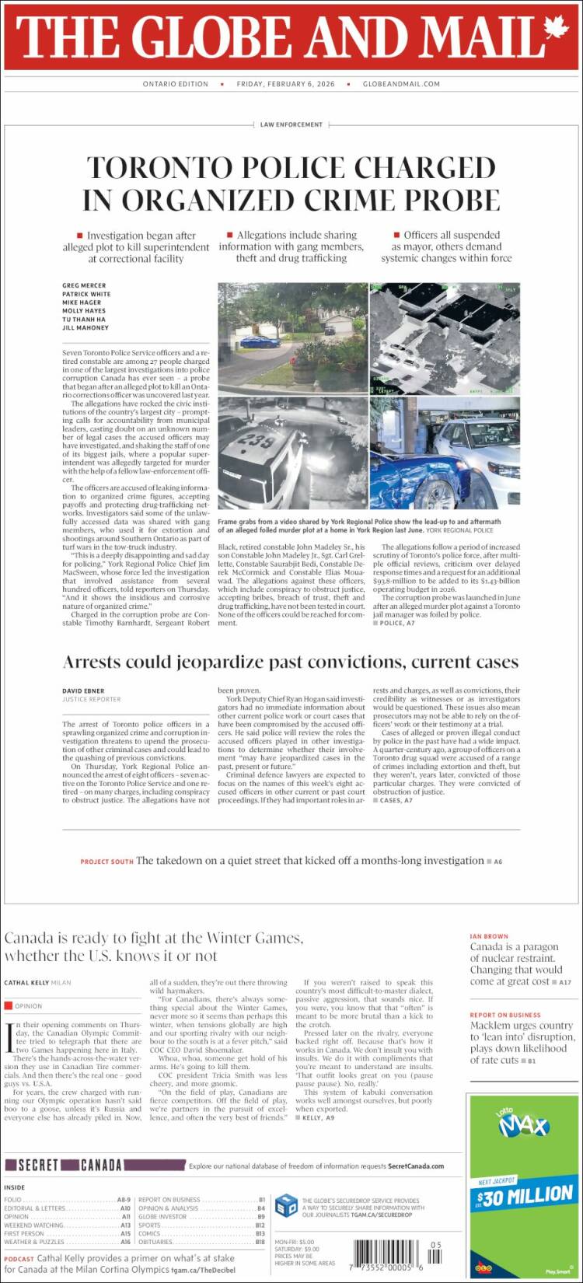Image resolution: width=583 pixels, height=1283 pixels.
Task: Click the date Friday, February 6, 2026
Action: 285,84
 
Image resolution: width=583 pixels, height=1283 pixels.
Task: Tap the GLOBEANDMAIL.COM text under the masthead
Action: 401,84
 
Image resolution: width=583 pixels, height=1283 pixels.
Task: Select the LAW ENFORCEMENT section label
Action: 291,124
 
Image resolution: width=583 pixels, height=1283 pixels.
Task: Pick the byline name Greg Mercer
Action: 84,285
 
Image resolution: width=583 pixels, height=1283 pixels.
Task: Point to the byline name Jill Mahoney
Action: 86,327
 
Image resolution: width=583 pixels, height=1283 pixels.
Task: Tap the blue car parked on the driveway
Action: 260,341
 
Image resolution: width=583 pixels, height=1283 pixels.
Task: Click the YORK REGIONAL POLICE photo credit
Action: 459,530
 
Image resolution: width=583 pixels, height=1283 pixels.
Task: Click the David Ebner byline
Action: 83,690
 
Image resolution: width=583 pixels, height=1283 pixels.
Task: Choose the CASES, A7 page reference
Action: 395,800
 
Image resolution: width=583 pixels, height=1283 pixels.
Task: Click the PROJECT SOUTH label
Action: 106,862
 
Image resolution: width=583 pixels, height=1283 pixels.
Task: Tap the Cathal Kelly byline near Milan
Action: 26,982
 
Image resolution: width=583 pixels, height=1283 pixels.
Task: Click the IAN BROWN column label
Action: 489,936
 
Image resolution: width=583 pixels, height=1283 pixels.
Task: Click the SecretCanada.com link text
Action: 416,1166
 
